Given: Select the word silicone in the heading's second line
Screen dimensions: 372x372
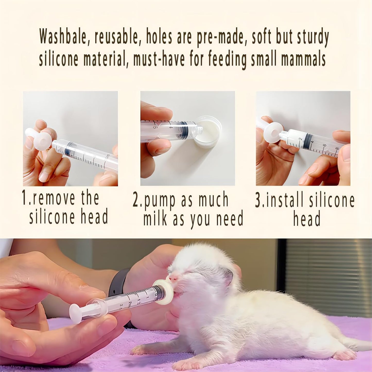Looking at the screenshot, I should tap(59, 59).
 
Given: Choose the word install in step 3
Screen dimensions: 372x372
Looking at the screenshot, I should tap(285, 201).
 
